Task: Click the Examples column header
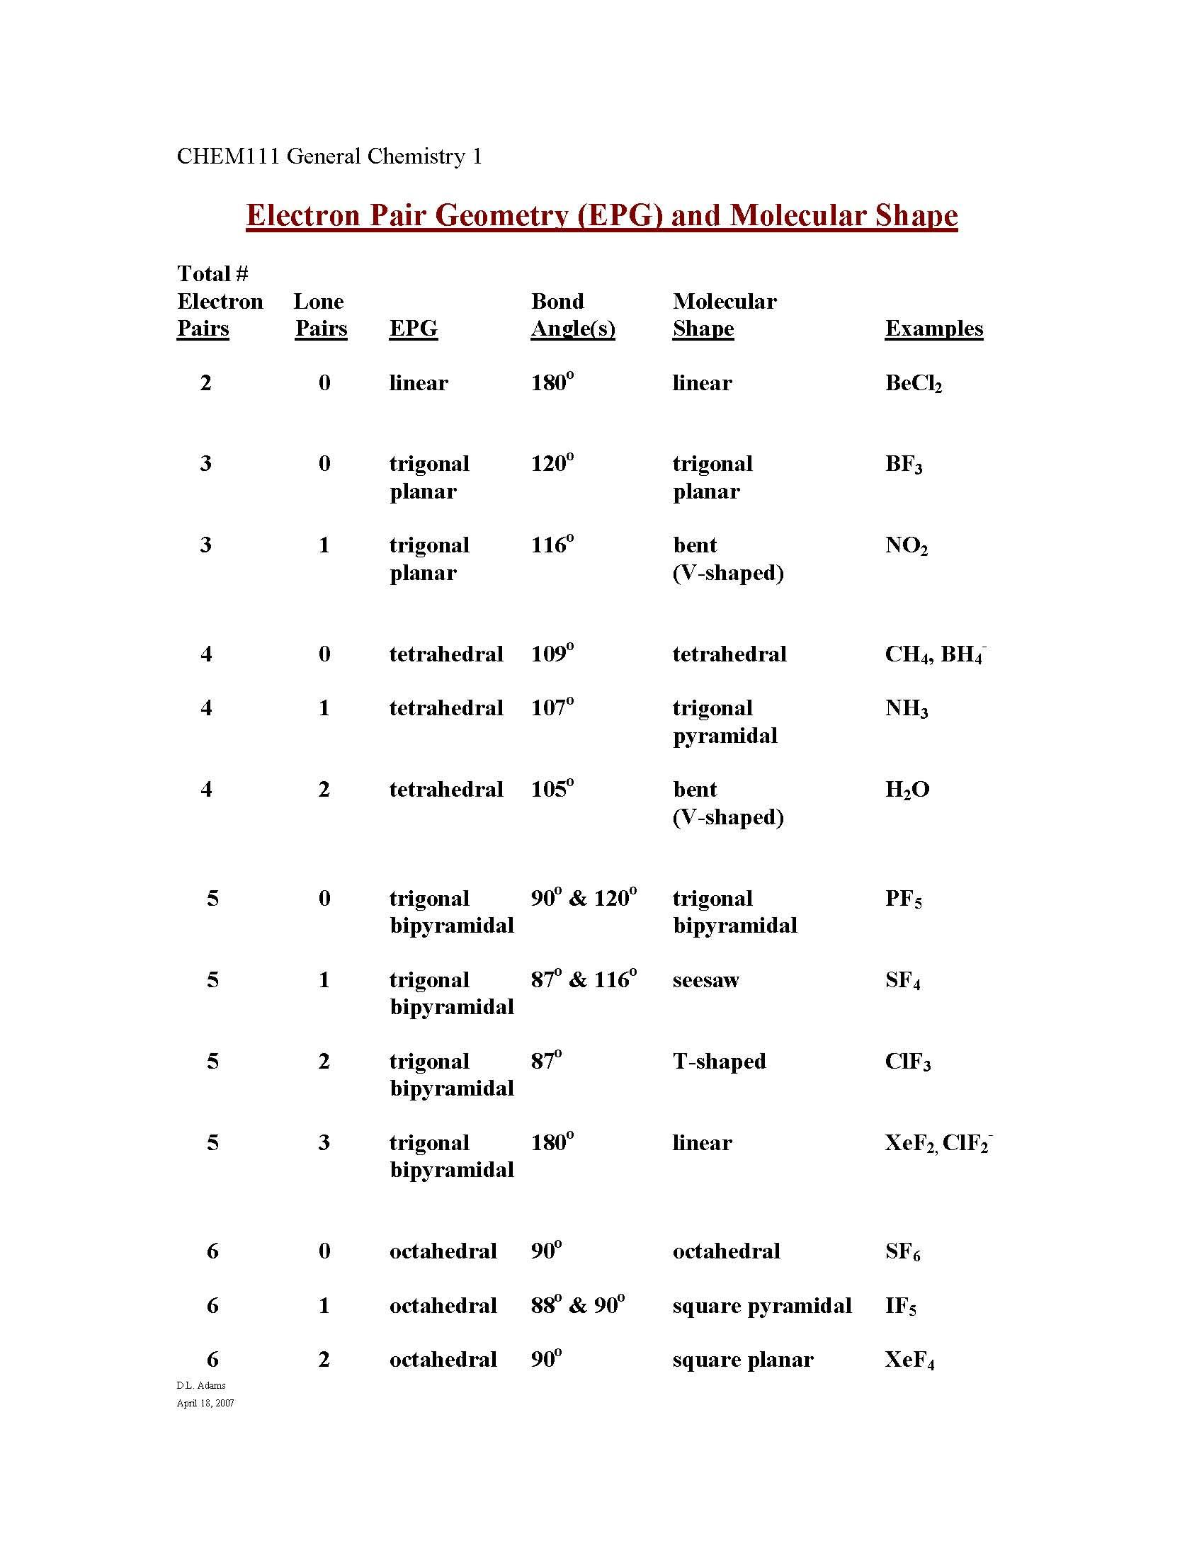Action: point(933,328)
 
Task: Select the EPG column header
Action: point(413,328)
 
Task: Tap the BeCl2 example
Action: point(913,384)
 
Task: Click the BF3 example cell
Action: point(903,465)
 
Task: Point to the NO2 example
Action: point(906,546)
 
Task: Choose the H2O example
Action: point(907,790)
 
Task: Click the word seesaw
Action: point(705,980)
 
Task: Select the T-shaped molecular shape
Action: point(719,1062)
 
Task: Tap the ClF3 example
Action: point(907,1062)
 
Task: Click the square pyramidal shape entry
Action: point(762,1306)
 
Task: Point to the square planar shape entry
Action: point(742,1360)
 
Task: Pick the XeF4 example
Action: point(909,1360)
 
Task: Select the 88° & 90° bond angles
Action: point(577,1305)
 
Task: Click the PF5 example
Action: point(903,899)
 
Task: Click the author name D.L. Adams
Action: point(201,1385)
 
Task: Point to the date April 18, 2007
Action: point(205,1403)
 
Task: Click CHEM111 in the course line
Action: point(228,157)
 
